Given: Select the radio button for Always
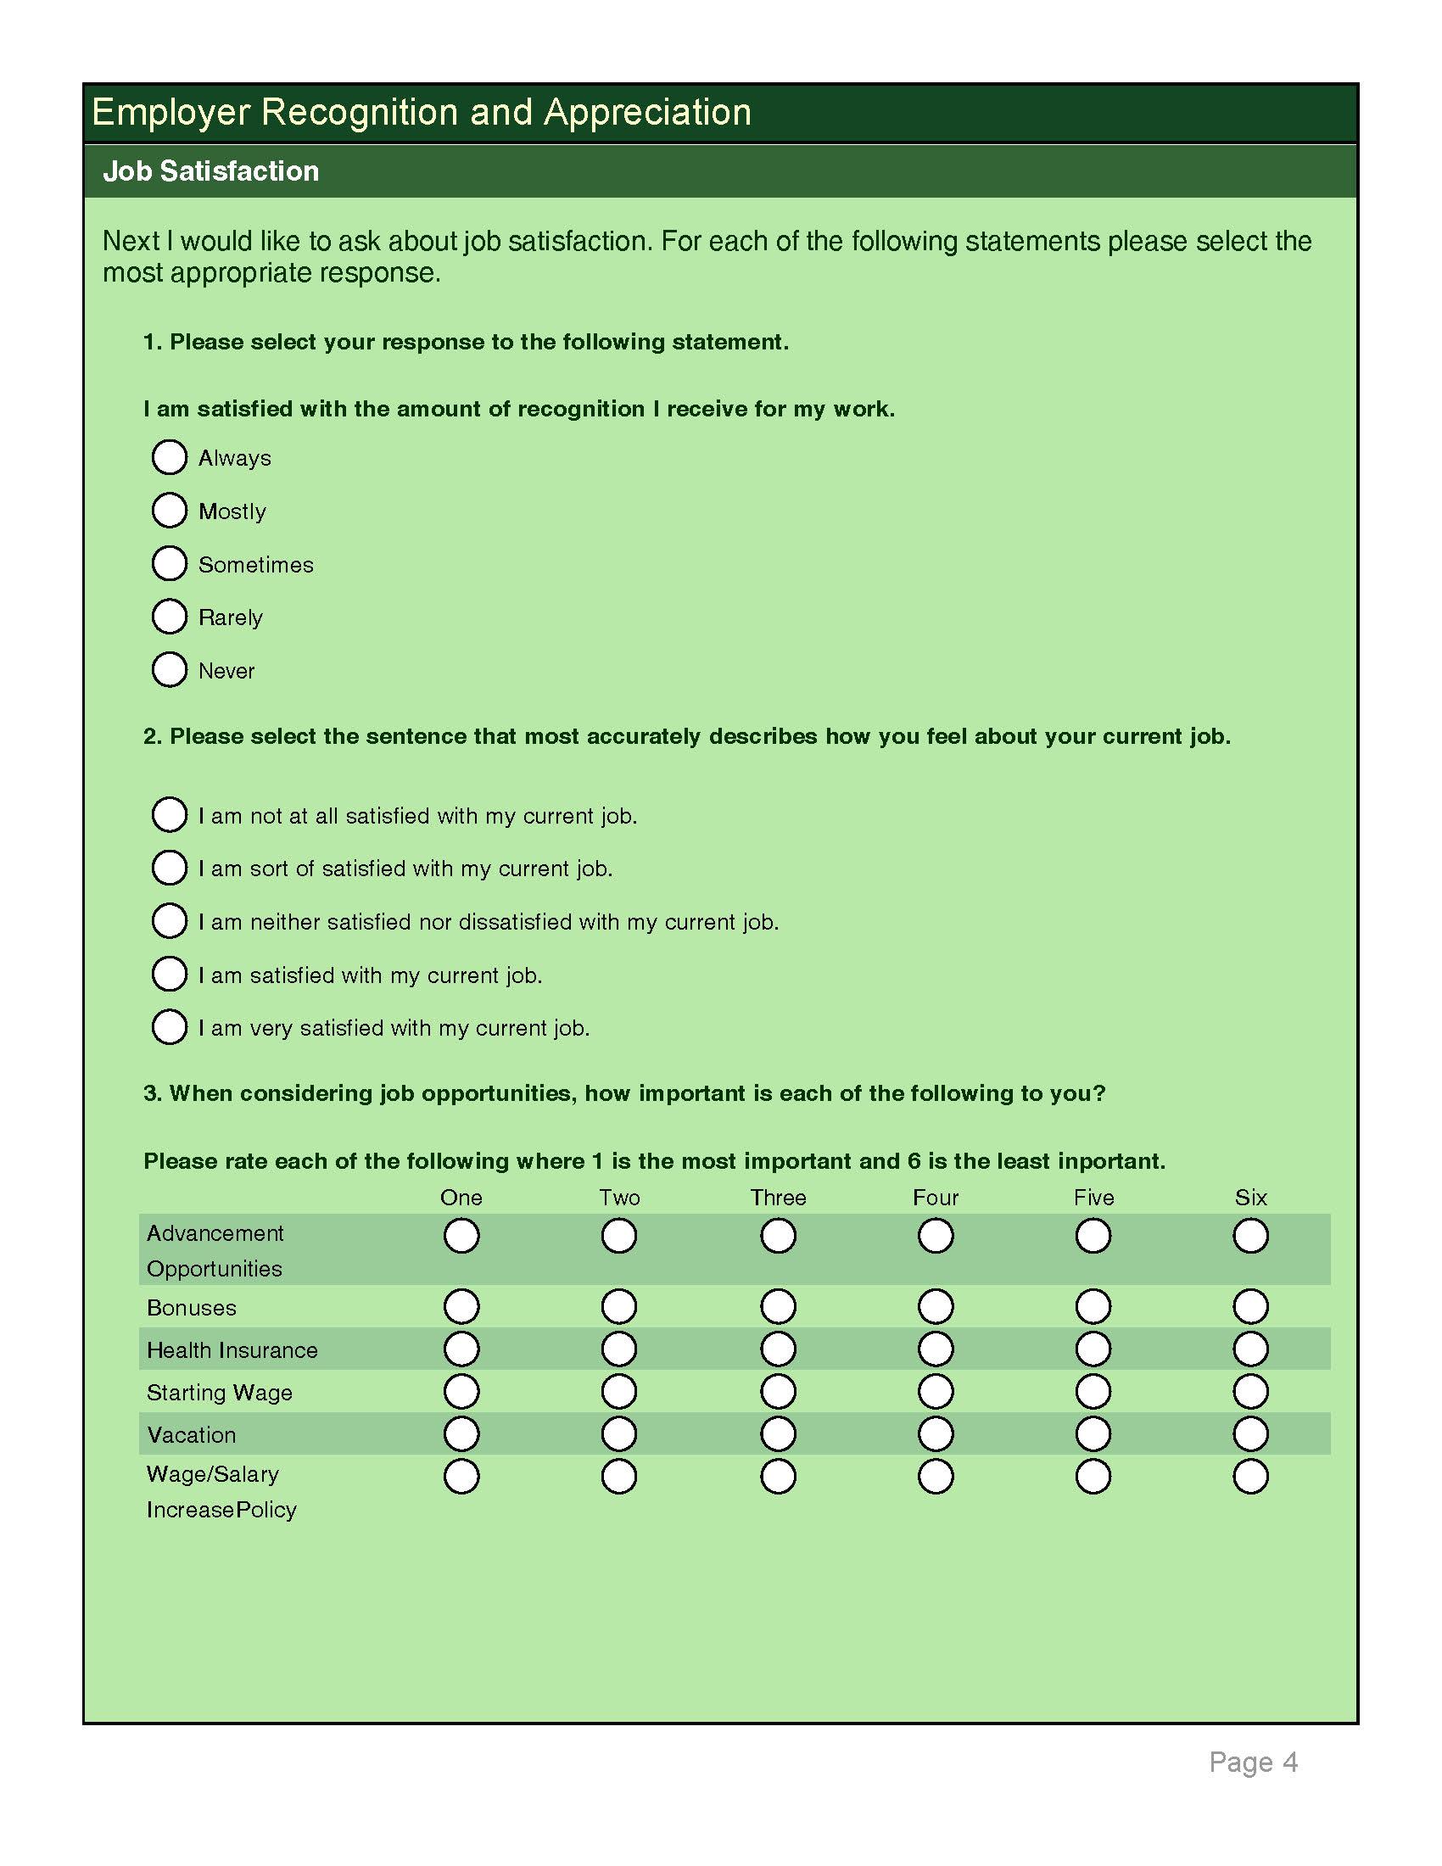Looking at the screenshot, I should [x=169, y=457].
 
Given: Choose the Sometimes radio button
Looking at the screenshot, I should [x=169, y=564].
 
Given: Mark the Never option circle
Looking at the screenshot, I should [x=169, y=670].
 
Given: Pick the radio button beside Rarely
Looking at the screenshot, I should [x=169, y=617].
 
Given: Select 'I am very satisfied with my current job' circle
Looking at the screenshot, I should [x=169, y=1027].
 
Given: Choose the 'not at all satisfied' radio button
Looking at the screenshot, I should [x=169, y=814].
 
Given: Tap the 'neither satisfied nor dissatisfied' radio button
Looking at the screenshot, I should [x=169, y=921].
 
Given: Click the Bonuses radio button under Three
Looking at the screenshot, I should [x=777, y=1306].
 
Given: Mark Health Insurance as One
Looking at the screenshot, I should [x=461, y=1349].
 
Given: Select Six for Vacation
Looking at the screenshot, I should [x=1250, y=1433].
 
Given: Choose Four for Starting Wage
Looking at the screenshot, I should [x=936, y=1391].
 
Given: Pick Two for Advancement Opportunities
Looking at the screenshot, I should [x=618, y=1236].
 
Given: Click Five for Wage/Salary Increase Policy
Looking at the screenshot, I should [x=1093, y=1477].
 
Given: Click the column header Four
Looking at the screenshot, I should [x=936, y=1198].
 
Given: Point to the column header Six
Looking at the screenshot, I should [x=1250, y=1198].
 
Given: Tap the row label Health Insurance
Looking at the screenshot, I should [x=232, y=1350].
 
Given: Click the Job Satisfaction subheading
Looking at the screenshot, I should [x=211, y=171].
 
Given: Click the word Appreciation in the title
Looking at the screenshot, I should [x=646, y=113].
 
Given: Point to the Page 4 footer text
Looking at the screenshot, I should [x=1253, y=1762].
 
